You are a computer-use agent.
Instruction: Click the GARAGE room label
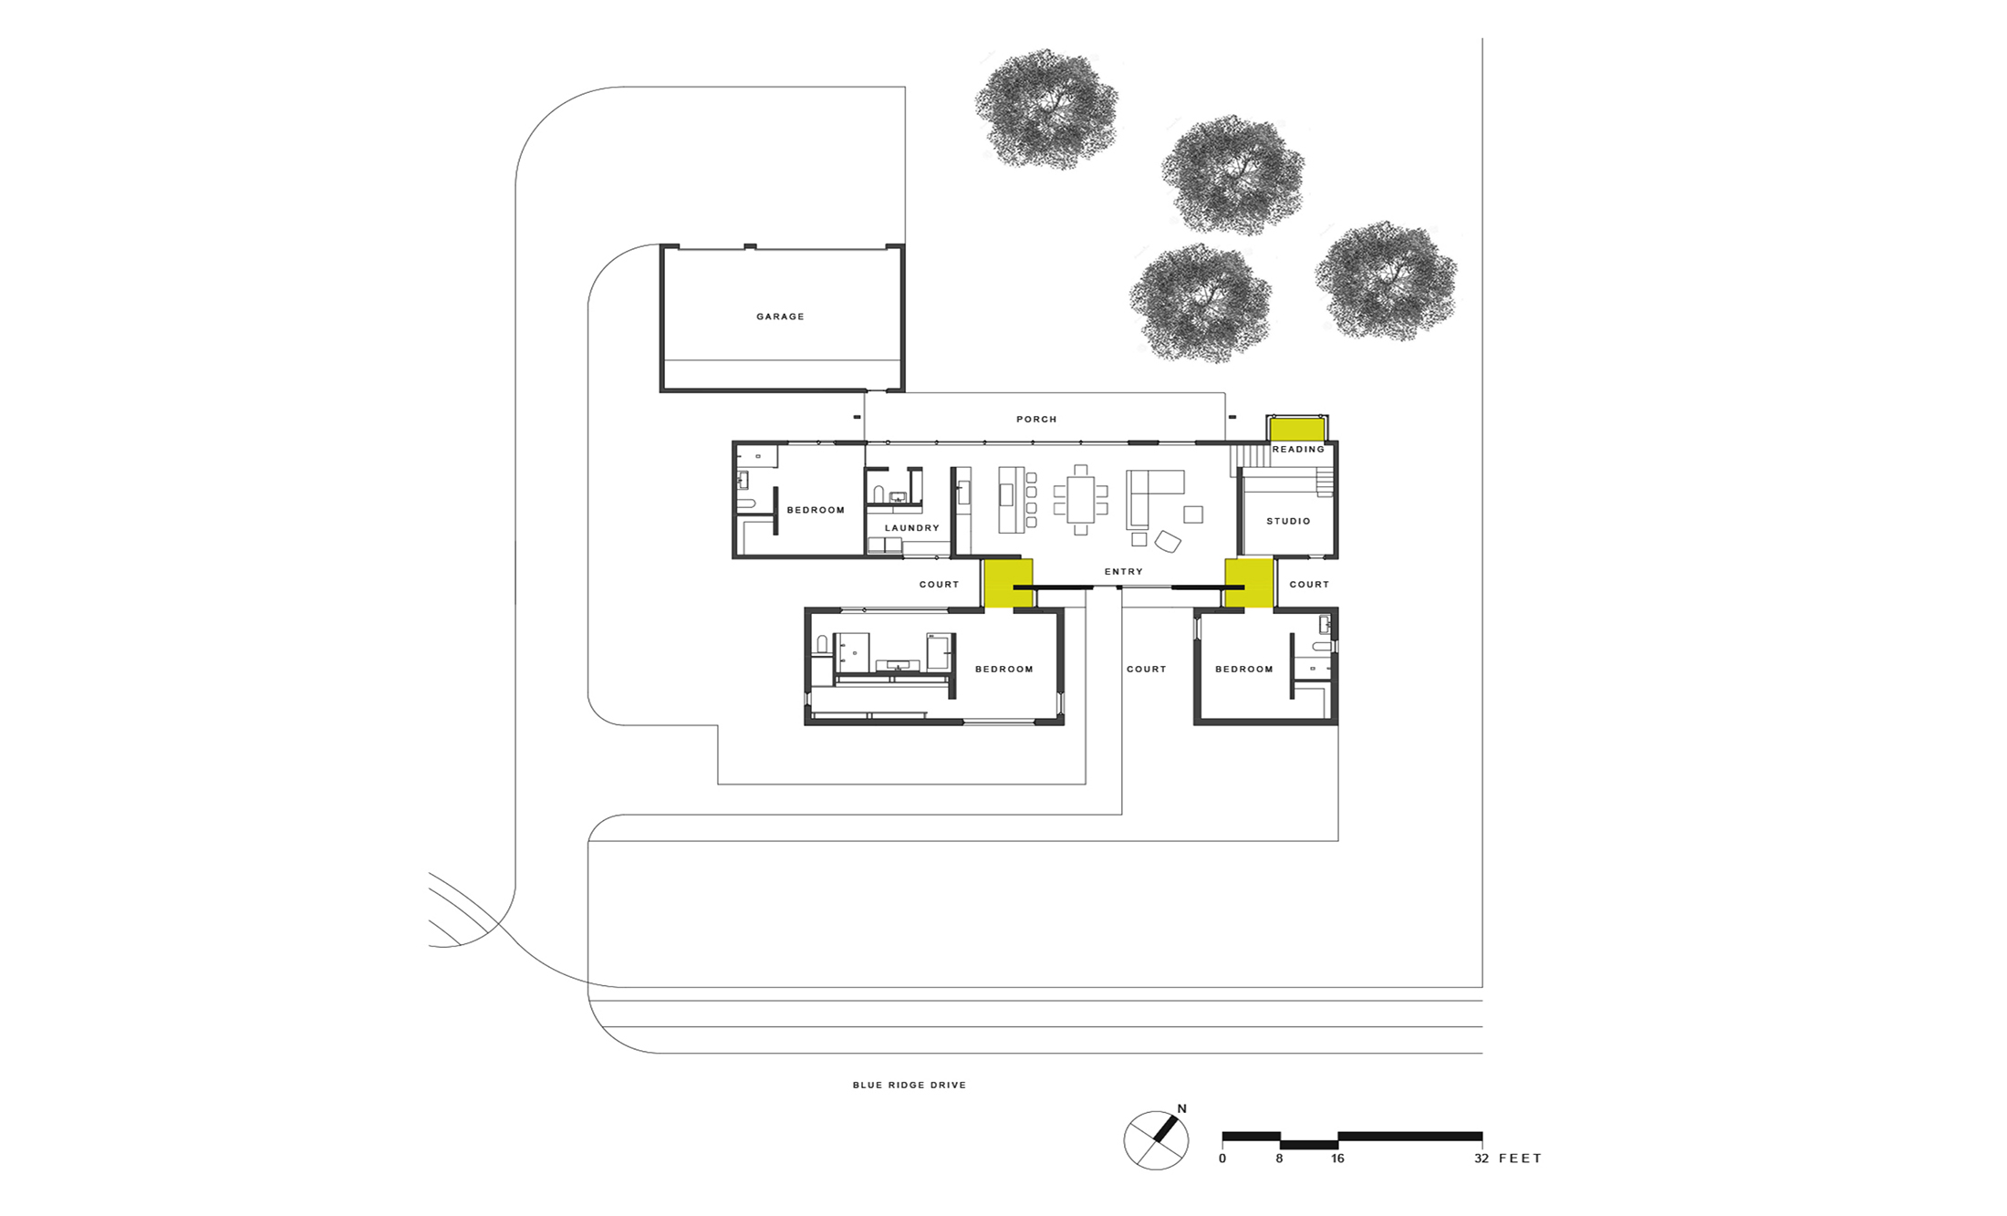780,317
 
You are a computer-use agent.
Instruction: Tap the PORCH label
1036,420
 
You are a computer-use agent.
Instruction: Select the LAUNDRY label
911,528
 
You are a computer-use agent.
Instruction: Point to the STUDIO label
1288,521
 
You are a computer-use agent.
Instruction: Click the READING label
1298,449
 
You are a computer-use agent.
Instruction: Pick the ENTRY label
1123,572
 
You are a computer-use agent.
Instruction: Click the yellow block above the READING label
1297,430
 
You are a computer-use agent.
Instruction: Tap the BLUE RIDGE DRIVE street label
909,1085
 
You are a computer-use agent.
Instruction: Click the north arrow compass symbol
1156,1139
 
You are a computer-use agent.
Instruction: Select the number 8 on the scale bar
1279,1159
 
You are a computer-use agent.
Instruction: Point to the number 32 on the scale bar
1481,1159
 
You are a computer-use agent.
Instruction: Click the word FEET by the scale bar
1520,1159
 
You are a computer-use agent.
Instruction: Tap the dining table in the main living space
1080,499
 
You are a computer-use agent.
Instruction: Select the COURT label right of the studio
1309,585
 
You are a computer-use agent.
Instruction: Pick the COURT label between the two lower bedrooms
1146,670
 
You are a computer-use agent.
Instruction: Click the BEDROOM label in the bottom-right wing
1243,670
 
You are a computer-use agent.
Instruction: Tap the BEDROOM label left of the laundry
816,510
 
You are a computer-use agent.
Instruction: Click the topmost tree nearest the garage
1046,109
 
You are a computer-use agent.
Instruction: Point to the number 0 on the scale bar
1222,1159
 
